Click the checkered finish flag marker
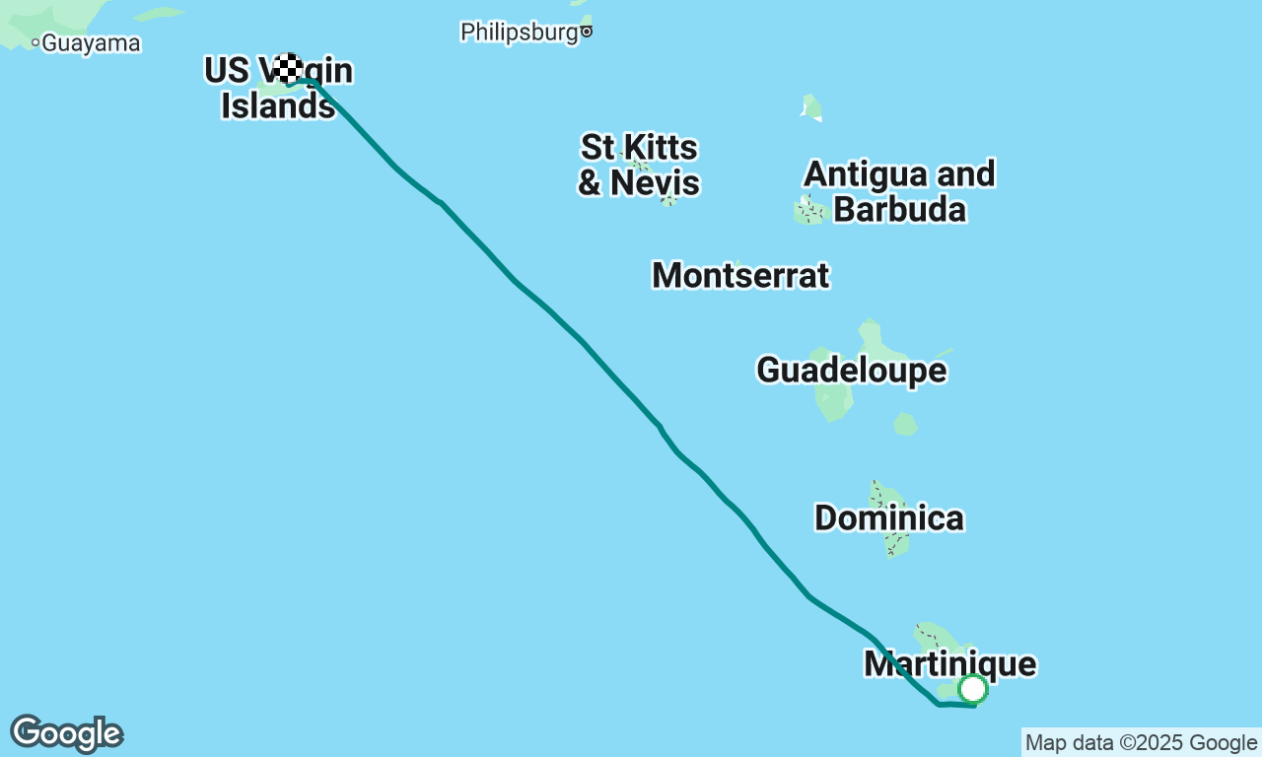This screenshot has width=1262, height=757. [288, 68]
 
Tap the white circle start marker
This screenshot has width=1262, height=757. [973, 688]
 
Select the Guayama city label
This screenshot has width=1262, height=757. [92, 43]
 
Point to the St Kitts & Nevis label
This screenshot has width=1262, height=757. [639, 166]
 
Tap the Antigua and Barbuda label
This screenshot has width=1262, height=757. [899, 191]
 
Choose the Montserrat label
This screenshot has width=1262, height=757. [740, 275]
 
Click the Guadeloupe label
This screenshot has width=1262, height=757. [851, 370]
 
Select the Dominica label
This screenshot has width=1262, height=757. [888, 517]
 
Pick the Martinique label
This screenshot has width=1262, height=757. [949, 663]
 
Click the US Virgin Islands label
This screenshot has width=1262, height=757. [278, 88]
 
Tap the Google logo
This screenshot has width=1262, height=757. [66, 734]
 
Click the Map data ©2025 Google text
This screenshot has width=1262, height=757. [1141, 743]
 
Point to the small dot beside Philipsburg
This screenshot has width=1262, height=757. [587, 32]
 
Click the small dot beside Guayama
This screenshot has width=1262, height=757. [35, 42]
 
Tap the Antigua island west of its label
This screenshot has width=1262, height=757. [809, 209]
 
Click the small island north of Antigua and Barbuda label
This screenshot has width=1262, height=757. [811, 106]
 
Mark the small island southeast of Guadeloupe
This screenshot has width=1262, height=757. [905, 425]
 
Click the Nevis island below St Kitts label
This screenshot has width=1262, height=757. [668, 200]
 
